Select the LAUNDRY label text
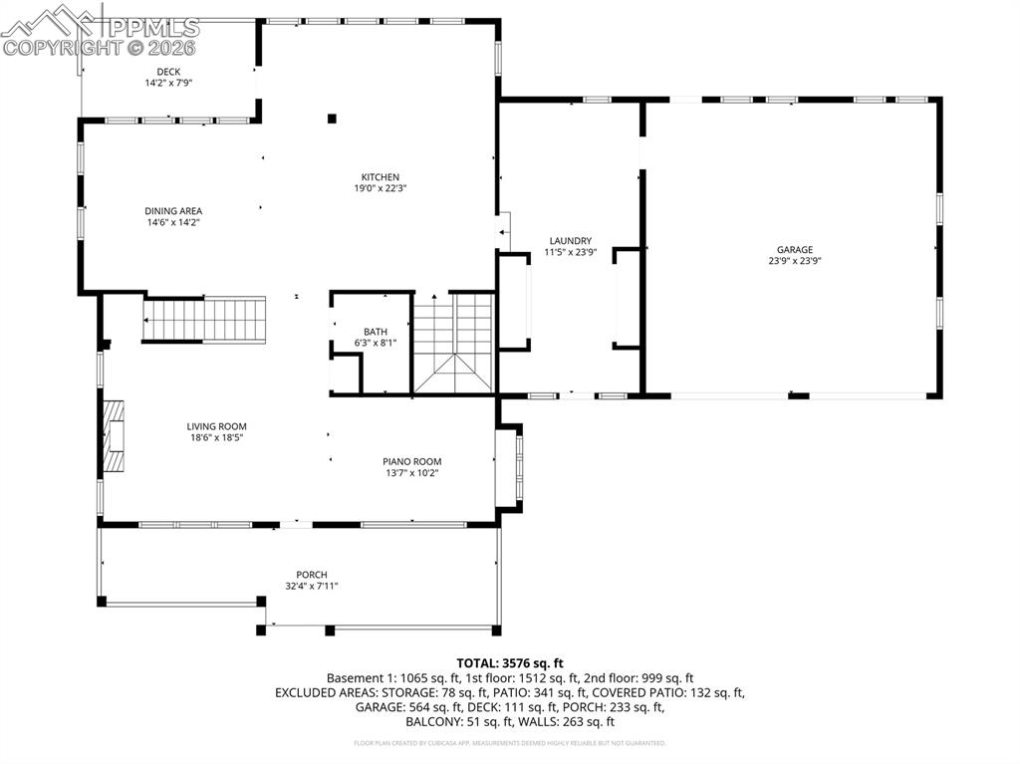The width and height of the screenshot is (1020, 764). click(570, 241)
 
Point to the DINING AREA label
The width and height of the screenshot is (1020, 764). click(173, 211)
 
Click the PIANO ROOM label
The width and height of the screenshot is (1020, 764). click(411, 461)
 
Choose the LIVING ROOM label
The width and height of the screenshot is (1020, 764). click(216, 426)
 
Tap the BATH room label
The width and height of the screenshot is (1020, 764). click(376, 332)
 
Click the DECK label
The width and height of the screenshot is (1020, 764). click(168, 72)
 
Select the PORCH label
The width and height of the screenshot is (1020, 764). click(311, 575)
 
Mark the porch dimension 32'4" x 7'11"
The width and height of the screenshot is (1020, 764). click(311, 586)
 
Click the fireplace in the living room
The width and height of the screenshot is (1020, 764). click(115, 436)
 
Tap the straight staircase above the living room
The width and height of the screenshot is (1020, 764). click(206, 320)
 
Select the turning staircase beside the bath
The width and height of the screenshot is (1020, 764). click(454, 344)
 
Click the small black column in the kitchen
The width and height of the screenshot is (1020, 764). click(332, 119)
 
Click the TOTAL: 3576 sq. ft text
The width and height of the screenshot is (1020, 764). click(510, 662)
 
